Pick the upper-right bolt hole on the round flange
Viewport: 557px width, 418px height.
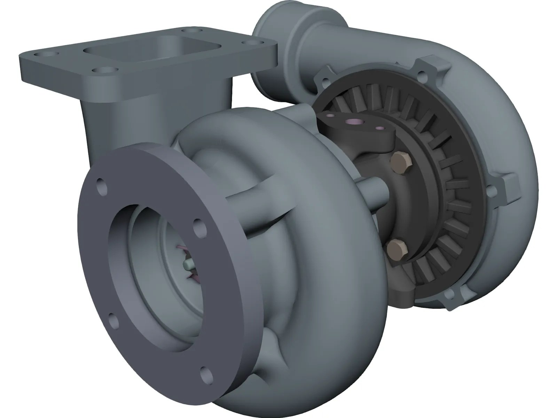[x=198, y=224]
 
